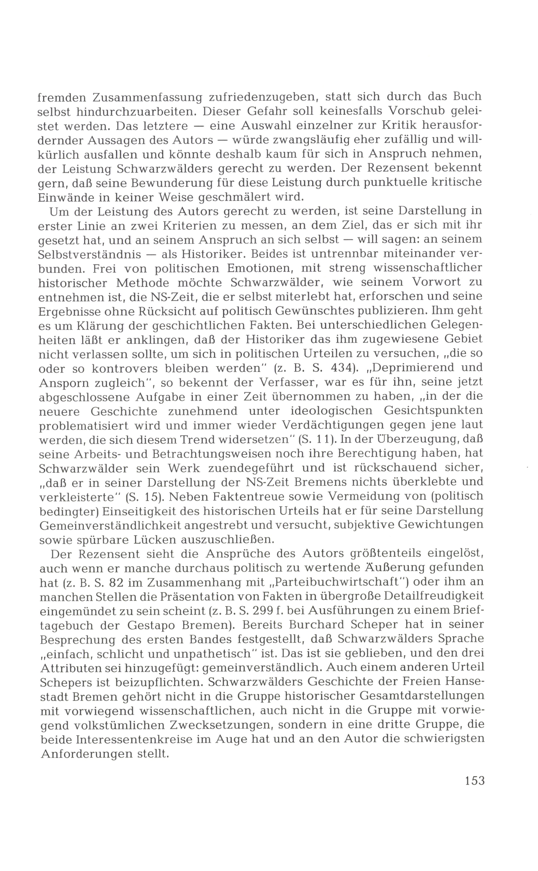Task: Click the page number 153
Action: point(474,780)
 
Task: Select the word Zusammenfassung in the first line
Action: point(147,97)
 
